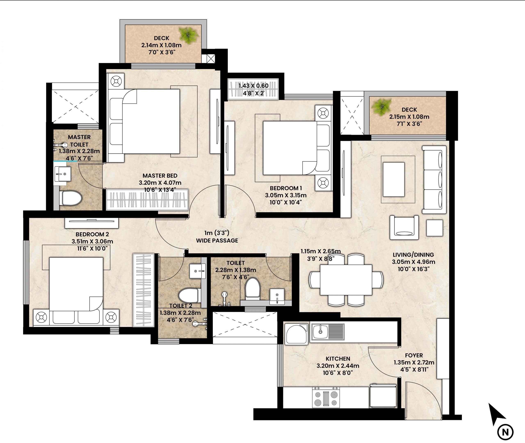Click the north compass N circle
coord(505,432)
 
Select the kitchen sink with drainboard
coord(328,332)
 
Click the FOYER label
coord(414,355)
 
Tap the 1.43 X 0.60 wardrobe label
coord(253,86)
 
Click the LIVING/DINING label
coord(413,255)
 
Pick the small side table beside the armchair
coord(434,228)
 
